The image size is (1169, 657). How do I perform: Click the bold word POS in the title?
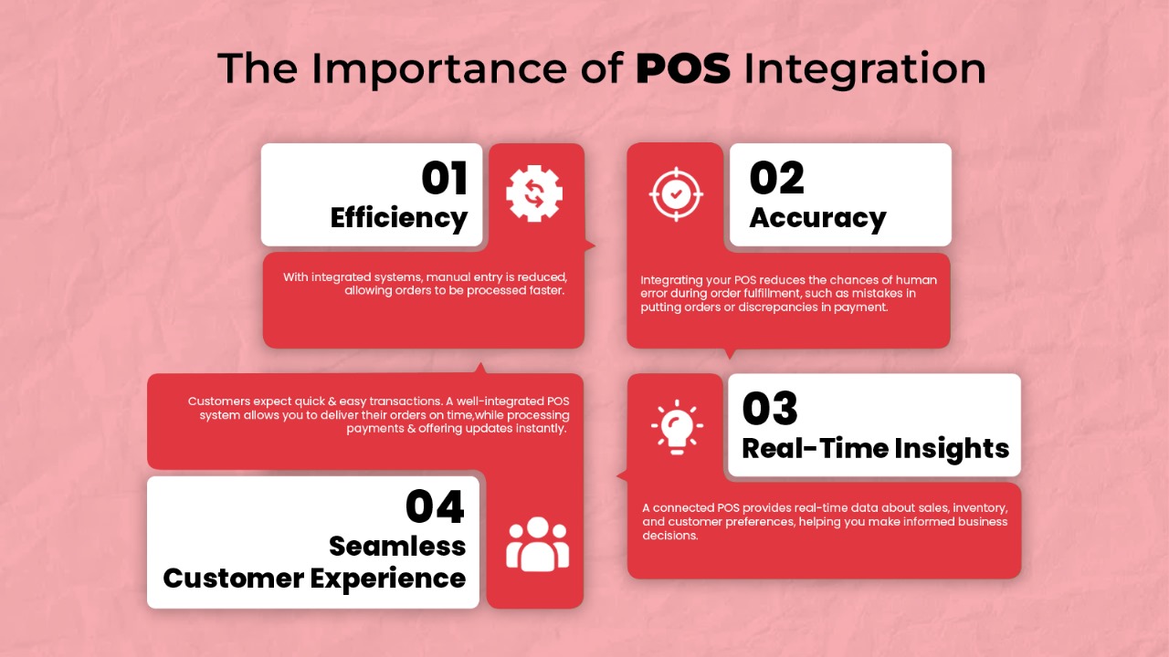[x=683, y=68]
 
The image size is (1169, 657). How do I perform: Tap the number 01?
[x=444, y=178]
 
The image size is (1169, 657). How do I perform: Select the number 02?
[x=776, y=178]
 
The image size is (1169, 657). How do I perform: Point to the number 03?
[x=770, y=408]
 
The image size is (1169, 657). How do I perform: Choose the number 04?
[x=435, y=506]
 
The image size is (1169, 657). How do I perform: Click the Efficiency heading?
[x=399, y=218]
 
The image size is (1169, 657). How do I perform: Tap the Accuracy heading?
[x=817, y=218]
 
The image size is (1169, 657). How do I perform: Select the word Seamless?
[x=397, y=547]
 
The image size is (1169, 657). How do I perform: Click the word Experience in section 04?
[x=388, y=579]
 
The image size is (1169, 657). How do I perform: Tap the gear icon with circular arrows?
[x=534, y=193]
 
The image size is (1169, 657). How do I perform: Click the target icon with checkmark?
[x=676, y=194]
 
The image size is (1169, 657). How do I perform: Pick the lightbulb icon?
[x=677, y=427]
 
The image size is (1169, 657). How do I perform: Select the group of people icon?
[x=537, y=544]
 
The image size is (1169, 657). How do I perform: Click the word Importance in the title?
[x=439, y=69]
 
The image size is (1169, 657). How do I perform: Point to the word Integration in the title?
[x=865, y=69]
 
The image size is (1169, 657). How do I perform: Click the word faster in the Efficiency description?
[x=547, y=290]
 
